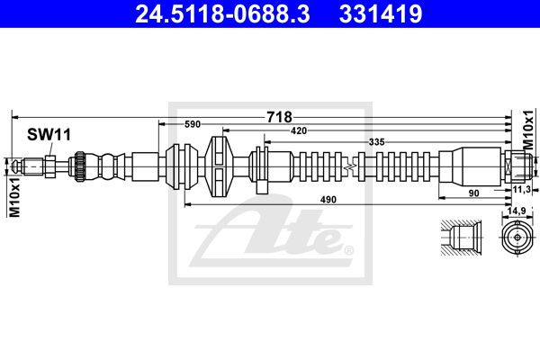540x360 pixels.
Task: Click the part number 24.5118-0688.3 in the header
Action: click(222, 13)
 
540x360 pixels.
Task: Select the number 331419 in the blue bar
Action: click(381, 13)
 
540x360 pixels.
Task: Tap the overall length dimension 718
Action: click(279, 117)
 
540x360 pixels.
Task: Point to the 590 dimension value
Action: click(193, 124)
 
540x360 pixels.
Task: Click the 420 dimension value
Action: click(299, 130)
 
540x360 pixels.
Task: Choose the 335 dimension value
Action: click(376, 141)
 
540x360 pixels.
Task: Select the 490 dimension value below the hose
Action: click(328, 200)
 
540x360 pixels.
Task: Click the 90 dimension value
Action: click(474, 193)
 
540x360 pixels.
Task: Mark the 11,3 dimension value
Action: click(521, 190)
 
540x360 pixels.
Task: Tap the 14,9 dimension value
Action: click(517, 211)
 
